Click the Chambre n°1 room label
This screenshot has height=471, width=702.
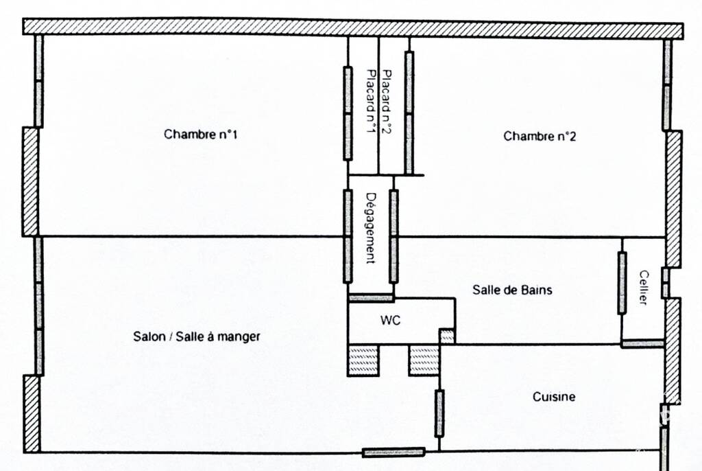[201, 134]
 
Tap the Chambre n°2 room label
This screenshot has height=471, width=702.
[540, 136]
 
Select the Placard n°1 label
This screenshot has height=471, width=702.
[371, 102]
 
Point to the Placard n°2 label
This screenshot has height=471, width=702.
[386, 102]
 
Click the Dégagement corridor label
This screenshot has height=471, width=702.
[371, 228]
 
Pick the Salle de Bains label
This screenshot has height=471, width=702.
[512, 290]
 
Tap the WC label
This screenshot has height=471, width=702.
[390, 320]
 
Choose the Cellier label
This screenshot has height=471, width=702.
[643, 288]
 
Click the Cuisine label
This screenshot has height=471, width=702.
[554, 397]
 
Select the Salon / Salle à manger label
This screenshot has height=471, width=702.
[197, 336]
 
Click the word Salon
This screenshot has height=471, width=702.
[149, 336]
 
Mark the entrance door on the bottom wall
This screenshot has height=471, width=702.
[394, 452]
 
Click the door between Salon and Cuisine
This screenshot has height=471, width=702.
[439, 413]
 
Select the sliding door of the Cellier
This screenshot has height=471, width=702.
[622, 283]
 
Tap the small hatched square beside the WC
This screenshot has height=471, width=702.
[447, 336]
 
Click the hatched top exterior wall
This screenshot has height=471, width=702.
[353, 27]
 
